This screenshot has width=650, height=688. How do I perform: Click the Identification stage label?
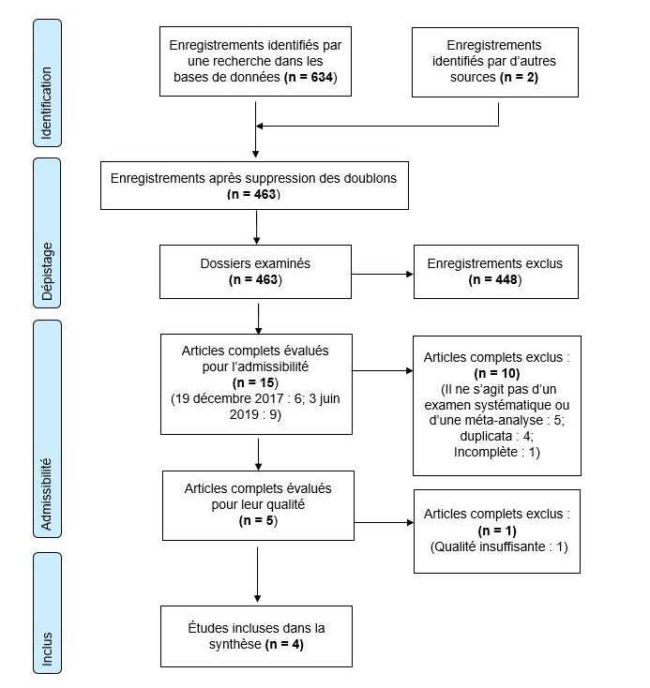(47, 103)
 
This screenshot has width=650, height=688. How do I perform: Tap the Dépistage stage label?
(47, 271)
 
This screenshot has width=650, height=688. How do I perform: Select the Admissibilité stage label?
(46, 494)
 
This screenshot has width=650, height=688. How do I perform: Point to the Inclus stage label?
(47, 649)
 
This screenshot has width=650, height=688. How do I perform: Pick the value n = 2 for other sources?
(519, 77)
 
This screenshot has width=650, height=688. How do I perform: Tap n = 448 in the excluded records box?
(495, 279)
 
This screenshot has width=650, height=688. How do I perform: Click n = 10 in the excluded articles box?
(497, 373)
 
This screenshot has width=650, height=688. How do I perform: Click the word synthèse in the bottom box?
(234, 644)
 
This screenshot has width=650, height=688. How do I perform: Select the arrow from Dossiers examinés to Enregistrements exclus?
(382, 275)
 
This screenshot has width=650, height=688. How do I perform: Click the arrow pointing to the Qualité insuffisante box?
(384, 523)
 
